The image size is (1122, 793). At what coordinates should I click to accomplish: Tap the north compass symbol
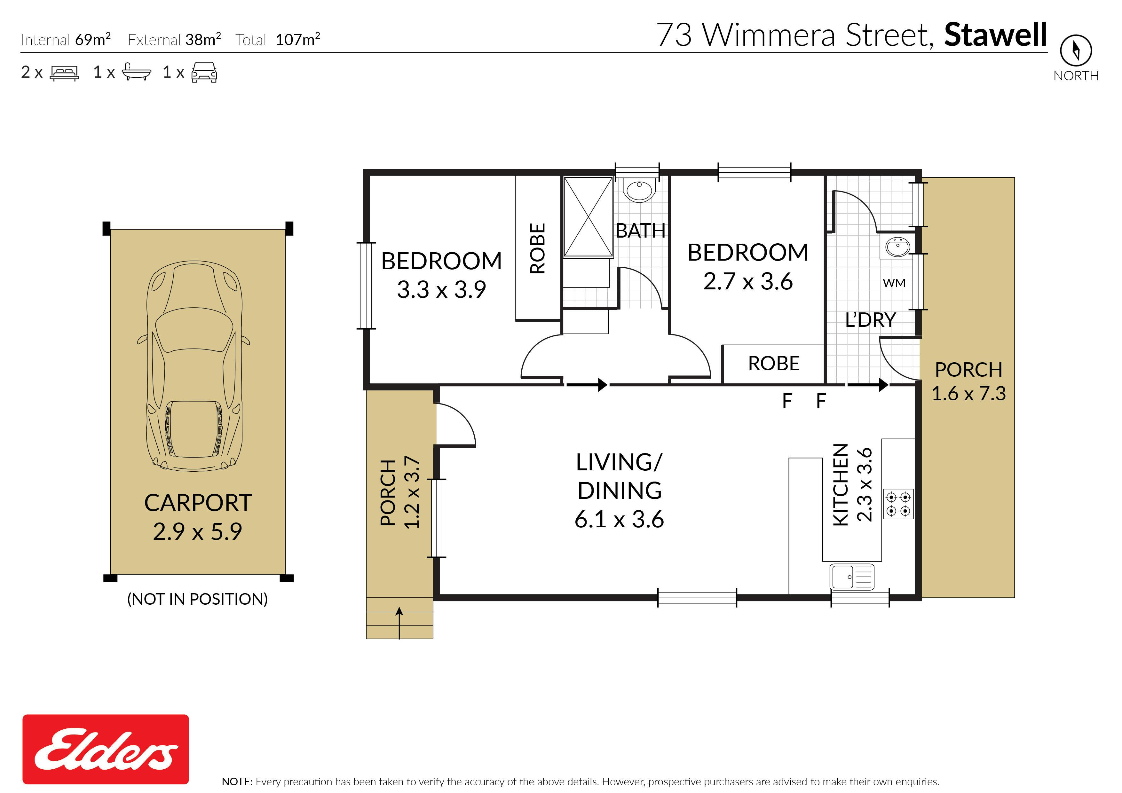pos(1076,50)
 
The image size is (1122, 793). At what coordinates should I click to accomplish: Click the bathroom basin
pos(639,191)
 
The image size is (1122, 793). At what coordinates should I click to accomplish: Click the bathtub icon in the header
pos(136,72)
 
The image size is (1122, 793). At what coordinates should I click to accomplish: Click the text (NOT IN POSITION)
pos(197,599)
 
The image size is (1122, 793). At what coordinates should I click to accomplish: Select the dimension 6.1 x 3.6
pos(619,519)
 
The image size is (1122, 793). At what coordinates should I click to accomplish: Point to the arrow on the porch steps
pos(399,623)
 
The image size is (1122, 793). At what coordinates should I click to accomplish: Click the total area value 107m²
pos(297,39)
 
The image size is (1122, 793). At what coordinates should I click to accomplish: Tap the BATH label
pos(640,231)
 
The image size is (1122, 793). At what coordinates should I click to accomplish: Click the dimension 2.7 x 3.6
pos(748,281)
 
